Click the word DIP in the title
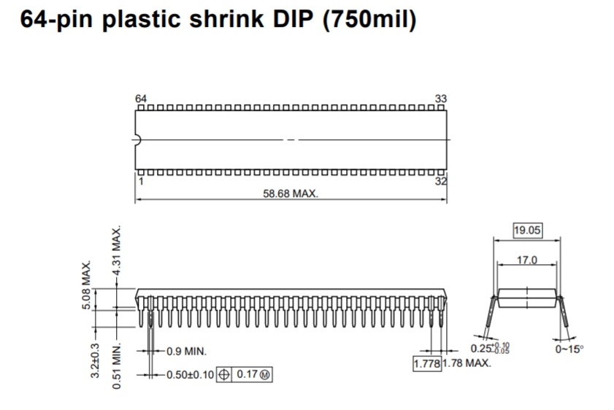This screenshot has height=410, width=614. (293, 18)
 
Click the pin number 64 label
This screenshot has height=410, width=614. (141, 98)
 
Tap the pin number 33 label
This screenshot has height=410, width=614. (440, 98)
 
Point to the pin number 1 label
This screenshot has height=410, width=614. (141, 181)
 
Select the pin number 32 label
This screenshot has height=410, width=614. (441, 181)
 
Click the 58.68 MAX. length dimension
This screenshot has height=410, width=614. (290, 193)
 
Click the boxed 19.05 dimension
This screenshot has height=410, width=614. (527, 230)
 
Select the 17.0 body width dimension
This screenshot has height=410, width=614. (527, 260)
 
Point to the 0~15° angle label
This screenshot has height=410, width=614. (569, 349)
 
